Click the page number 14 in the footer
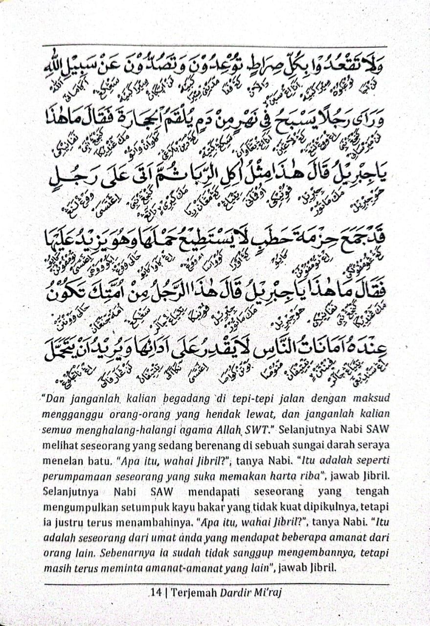[157, 593]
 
